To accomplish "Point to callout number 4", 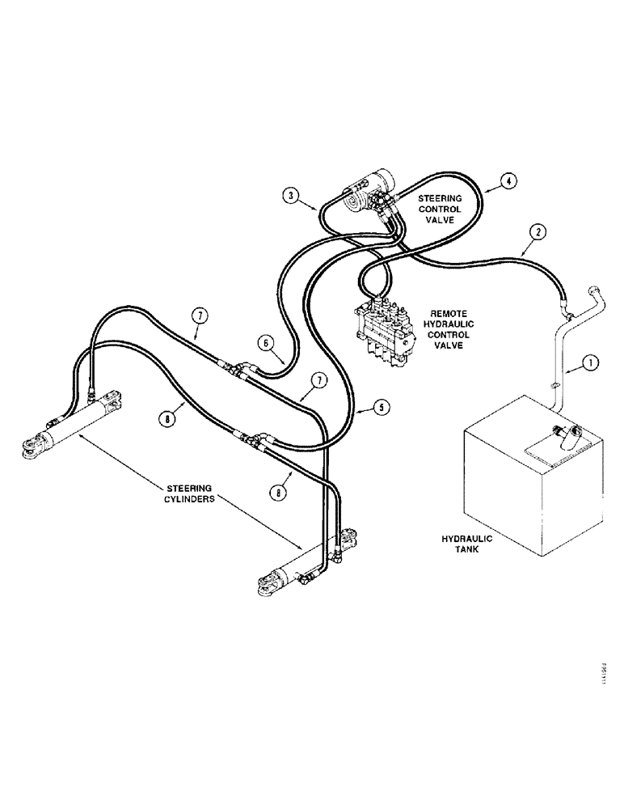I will tap(507, 180).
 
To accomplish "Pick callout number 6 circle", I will tap(265, 343).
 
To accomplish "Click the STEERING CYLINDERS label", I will tap(190, 494).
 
